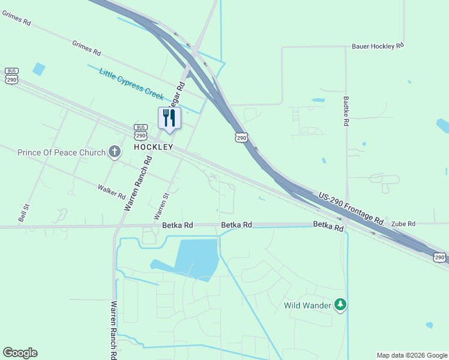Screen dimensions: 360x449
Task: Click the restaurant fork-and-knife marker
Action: coord(169,118)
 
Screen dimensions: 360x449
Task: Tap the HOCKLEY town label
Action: coord(153,147)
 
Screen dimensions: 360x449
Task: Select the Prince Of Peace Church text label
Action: coord(61,152)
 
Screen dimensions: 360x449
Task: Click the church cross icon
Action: coord(115,152)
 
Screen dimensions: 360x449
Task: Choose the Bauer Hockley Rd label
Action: coord(378,46)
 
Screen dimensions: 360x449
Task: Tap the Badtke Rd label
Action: coord(346,111)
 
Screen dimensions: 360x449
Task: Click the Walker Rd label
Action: coord(112,192)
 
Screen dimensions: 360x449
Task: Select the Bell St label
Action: coord(24,212)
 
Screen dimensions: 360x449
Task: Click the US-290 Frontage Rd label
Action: coord(351,207)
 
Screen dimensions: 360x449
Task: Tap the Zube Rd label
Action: coord(403,224)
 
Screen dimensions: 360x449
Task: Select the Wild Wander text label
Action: coord(307,305)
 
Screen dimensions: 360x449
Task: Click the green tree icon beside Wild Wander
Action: coord(340,305)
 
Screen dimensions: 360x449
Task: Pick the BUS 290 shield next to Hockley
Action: coord(141,130)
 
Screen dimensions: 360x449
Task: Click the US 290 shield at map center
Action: coord(241,137)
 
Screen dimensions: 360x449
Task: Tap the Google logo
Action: coord(20,353)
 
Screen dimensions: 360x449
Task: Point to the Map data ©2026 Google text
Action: coord(411,355)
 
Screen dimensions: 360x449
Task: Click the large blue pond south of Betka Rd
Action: coord(196,256)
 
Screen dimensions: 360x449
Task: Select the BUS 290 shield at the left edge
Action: coord(11,76)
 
